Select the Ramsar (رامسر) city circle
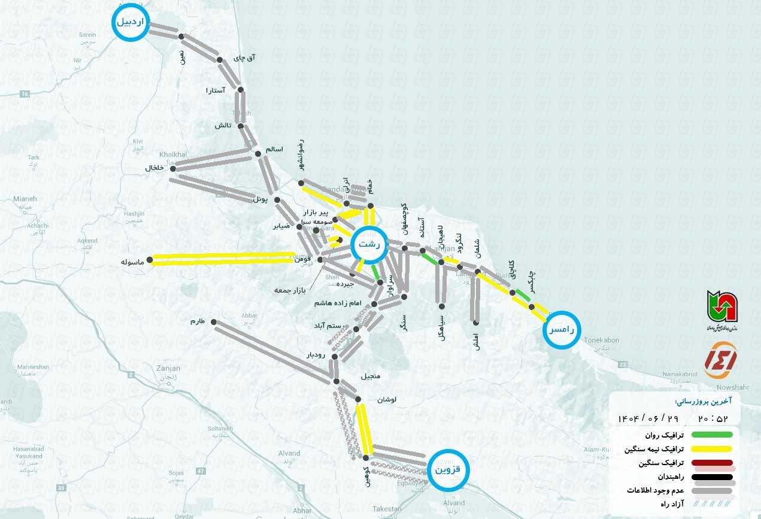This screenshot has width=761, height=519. (562, 329)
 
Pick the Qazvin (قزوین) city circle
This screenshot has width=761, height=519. (448, 469)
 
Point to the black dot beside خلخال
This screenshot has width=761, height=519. (173, 169)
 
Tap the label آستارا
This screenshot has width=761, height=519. (215, 90)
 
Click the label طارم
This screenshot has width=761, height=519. (198, 321)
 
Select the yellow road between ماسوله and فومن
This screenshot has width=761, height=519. (222, 259)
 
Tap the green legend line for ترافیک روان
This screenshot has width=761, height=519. (712, 435)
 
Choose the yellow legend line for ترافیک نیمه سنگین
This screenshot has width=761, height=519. (712, 449)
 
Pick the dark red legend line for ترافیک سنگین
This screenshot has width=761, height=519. (712, 463)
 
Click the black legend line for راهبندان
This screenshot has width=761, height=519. (712, 478)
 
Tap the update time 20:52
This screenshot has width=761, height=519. (713, 418)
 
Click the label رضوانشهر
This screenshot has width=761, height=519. (300, 155)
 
